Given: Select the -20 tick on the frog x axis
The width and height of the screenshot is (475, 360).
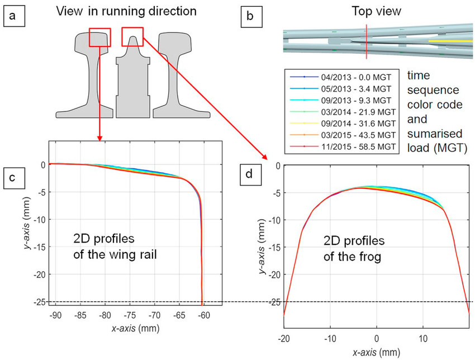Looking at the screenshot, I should [284, 339].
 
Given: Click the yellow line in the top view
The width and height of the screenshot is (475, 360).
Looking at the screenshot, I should [450, 41].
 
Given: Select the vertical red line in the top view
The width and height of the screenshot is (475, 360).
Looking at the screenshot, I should [366, 41].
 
